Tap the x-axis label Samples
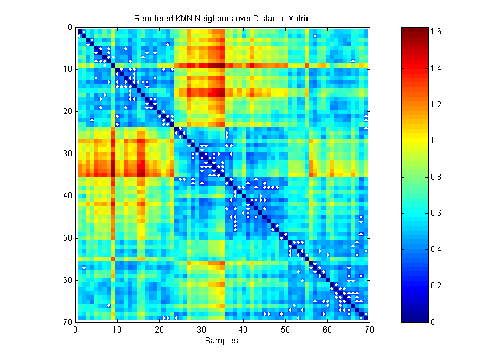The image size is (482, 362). pyautogui.click(x=221, y=340)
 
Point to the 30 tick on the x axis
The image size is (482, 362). pyautogui.click(x=201, y=329)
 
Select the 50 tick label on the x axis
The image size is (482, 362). pyautogui.click(x=285, y=329)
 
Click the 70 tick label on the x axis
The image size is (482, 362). pyautogui.click(x=368, y=329)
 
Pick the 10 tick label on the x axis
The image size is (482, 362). pyautogui.click(x=117, y=329)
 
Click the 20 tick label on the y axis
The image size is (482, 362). pyautogui.click(x=69, y=111)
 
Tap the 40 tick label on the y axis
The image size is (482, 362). pyautogui.click(x=69, y=196)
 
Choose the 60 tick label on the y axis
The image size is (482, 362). pyautogui.click(x=69, y=280)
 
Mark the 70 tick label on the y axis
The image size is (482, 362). pyautogui.click(x=69, y=322)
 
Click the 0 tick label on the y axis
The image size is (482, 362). pyautogui.click(x=71, y=27)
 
